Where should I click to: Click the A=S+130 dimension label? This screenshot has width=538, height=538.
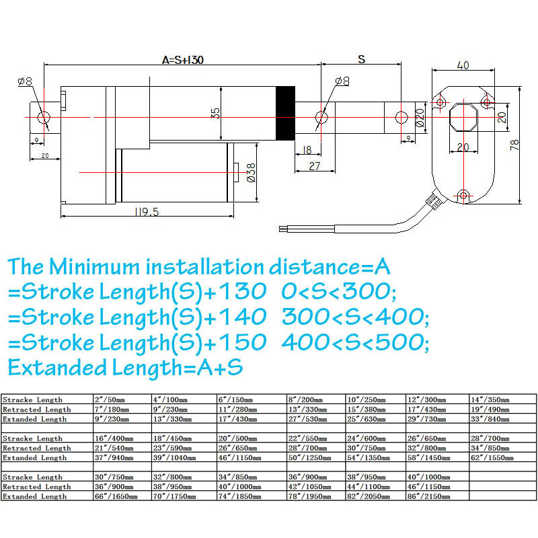[x=183, y=59]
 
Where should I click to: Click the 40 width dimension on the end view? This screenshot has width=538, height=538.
[x=463, y=65]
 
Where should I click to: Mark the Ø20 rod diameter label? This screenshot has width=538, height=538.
[x=420, y=118]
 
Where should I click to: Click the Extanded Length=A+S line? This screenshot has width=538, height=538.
[x=125, y=368]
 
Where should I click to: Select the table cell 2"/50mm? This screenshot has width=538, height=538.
[x=110, y=399]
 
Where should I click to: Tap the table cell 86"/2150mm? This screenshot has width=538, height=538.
[x=437, y=496]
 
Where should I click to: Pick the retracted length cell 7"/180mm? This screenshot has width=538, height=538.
[x=110, y=409]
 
